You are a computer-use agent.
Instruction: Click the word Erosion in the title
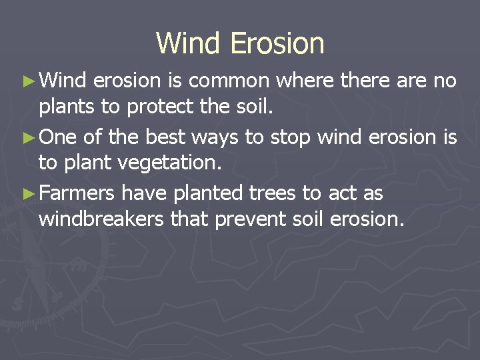tap(277, 43)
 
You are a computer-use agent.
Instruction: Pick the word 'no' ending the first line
tap(444, 81)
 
